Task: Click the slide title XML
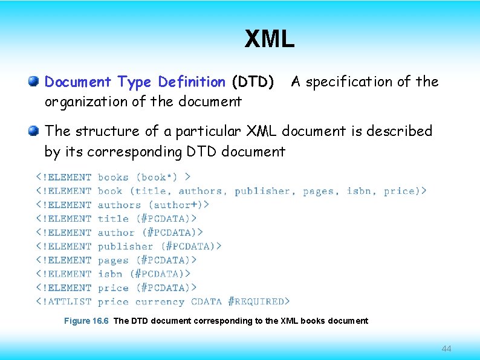(x=270, y=39)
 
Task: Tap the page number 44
(x=447, y=349)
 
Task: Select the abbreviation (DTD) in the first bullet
(x=253, y=82)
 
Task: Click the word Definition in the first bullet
(x=192, y=82)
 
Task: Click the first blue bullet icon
(x=34, y=81)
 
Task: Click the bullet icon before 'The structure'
(x=34, y=130)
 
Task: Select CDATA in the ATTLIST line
(x=206, y=301)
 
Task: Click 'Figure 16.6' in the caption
(x=86, y=321)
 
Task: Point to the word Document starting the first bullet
(x=79, y=82)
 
